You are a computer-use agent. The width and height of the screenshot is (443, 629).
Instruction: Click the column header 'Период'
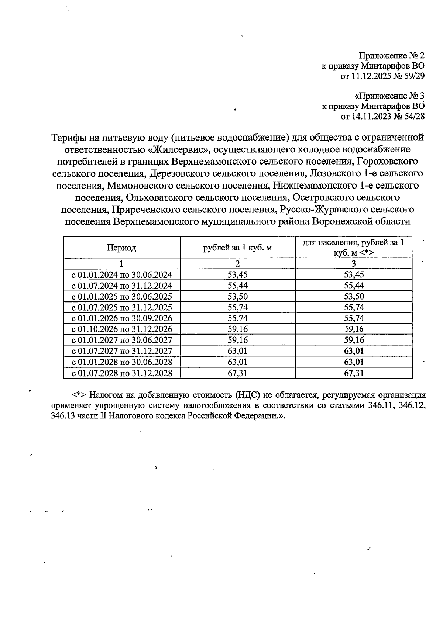point(121,248)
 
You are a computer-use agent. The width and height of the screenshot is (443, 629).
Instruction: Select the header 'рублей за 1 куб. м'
point(237,248)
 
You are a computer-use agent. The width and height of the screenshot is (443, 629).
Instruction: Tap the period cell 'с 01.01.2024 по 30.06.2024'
point(121,275)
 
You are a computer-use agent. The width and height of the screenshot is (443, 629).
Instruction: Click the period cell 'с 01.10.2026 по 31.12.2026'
point(121,329)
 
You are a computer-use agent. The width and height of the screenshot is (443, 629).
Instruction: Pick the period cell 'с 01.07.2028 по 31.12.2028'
point(121,373)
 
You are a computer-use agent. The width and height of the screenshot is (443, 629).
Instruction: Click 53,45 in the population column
point(353,275)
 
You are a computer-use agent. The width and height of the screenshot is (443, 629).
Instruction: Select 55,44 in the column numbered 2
point(237,286)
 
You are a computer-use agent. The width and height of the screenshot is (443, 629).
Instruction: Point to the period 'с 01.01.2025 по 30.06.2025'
point(121,297)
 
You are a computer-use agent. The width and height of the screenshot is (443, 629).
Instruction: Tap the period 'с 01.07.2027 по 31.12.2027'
point(121,351)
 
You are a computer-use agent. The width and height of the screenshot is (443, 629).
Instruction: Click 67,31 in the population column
point(353,373)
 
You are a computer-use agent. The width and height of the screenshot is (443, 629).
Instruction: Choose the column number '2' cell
point(237,263)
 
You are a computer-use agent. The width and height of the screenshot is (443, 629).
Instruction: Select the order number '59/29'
point(415,76)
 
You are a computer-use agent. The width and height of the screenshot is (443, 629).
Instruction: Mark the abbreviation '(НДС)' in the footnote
point(247,395)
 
